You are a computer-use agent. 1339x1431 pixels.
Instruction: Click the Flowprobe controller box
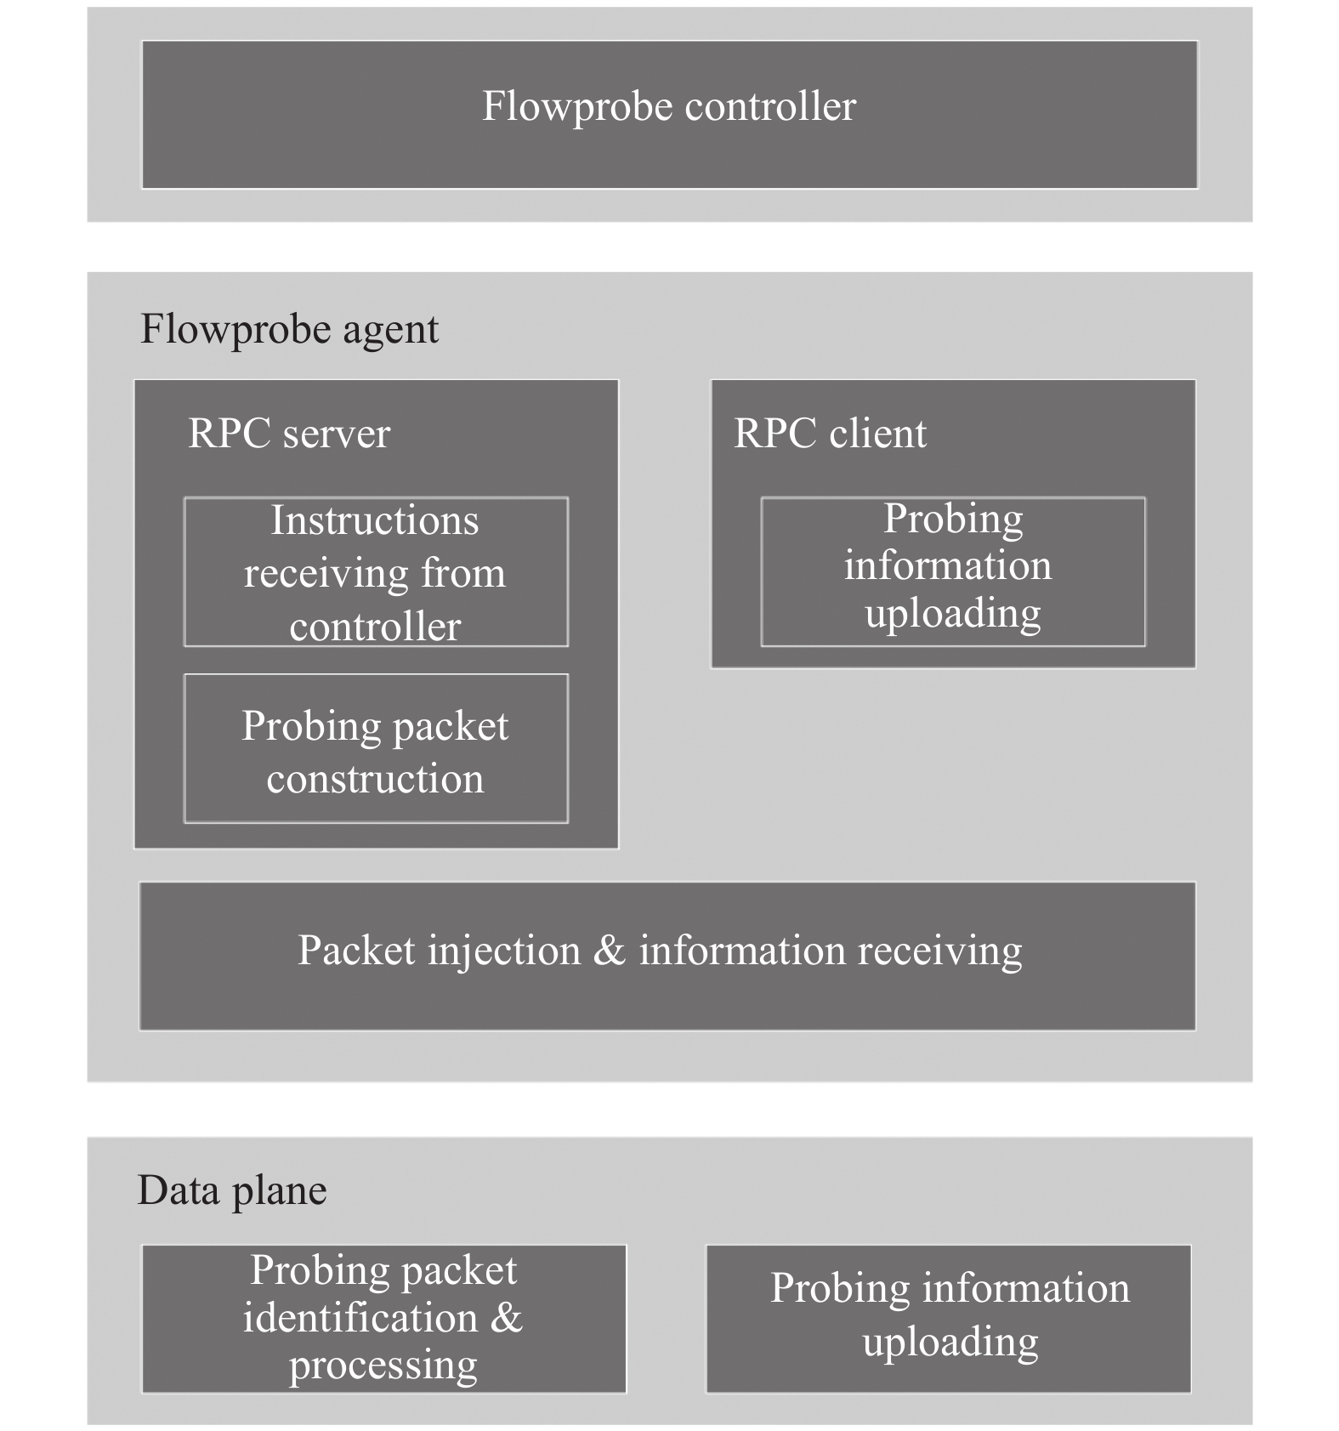670,115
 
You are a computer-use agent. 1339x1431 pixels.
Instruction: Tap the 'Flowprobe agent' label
290,330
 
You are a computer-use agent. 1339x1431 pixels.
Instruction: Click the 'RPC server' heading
289,434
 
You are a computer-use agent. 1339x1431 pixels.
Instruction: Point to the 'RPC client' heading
830,434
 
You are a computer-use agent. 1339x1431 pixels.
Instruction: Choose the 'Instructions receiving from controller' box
376,571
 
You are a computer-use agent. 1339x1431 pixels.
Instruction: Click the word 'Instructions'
375,520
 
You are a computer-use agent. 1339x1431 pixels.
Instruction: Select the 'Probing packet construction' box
376,748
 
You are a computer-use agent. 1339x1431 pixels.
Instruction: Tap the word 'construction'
375,779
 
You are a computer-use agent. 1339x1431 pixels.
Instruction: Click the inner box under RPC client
953,571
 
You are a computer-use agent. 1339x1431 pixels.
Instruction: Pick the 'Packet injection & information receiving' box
667,956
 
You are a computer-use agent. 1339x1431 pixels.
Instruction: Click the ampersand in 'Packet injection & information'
609,950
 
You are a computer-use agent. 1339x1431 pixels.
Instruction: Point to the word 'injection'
505,951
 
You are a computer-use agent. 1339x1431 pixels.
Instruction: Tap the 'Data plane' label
232,1191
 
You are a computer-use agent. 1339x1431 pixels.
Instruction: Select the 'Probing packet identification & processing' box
384,1319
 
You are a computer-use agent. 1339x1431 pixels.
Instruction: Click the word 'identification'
360,1318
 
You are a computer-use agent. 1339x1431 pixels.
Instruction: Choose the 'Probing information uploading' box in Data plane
949,1319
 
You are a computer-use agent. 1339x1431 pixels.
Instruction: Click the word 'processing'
383,1366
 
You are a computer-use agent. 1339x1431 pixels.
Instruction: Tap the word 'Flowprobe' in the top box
578,108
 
